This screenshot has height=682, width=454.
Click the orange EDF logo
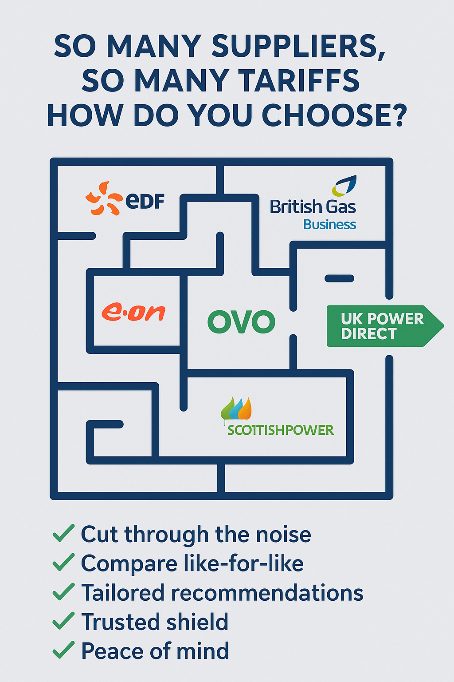(x=125, y=198)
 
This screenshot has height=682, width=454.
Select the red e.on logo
(x=133, y=312)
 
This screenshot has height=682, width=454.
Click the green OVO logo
(x=241, y=322)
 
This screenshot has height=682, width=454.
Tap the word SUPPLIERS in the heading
(x=298, y=46)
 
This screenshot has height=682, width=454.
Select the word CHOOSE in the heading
(x=333, y=115)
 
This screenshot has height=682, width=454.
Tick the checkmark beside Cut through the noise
(x=63, y=533)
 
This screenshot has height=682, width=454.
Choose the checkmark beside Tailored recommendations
(x=63, y=592)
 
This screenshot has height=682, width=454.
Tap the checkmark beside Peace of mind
(x=63, y=650)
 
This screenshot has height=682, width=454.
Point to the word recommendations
(x=267, y=593)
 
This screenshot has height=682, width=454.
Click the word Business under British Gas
(x=329, y=225)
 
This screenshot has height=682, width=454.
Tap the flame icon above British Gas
(x=344, y=186)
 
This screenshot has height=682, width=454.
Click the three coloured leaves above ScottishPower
(x=236, y=408)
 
